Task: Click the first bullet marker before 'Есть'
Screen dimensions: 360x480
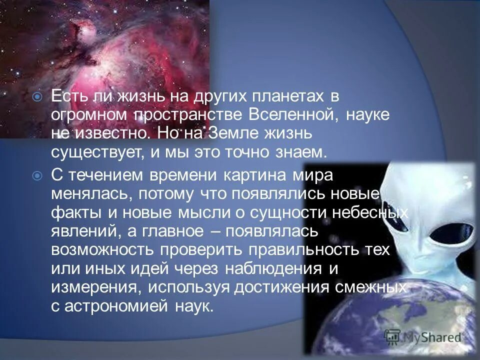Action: tap(36, 97)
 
